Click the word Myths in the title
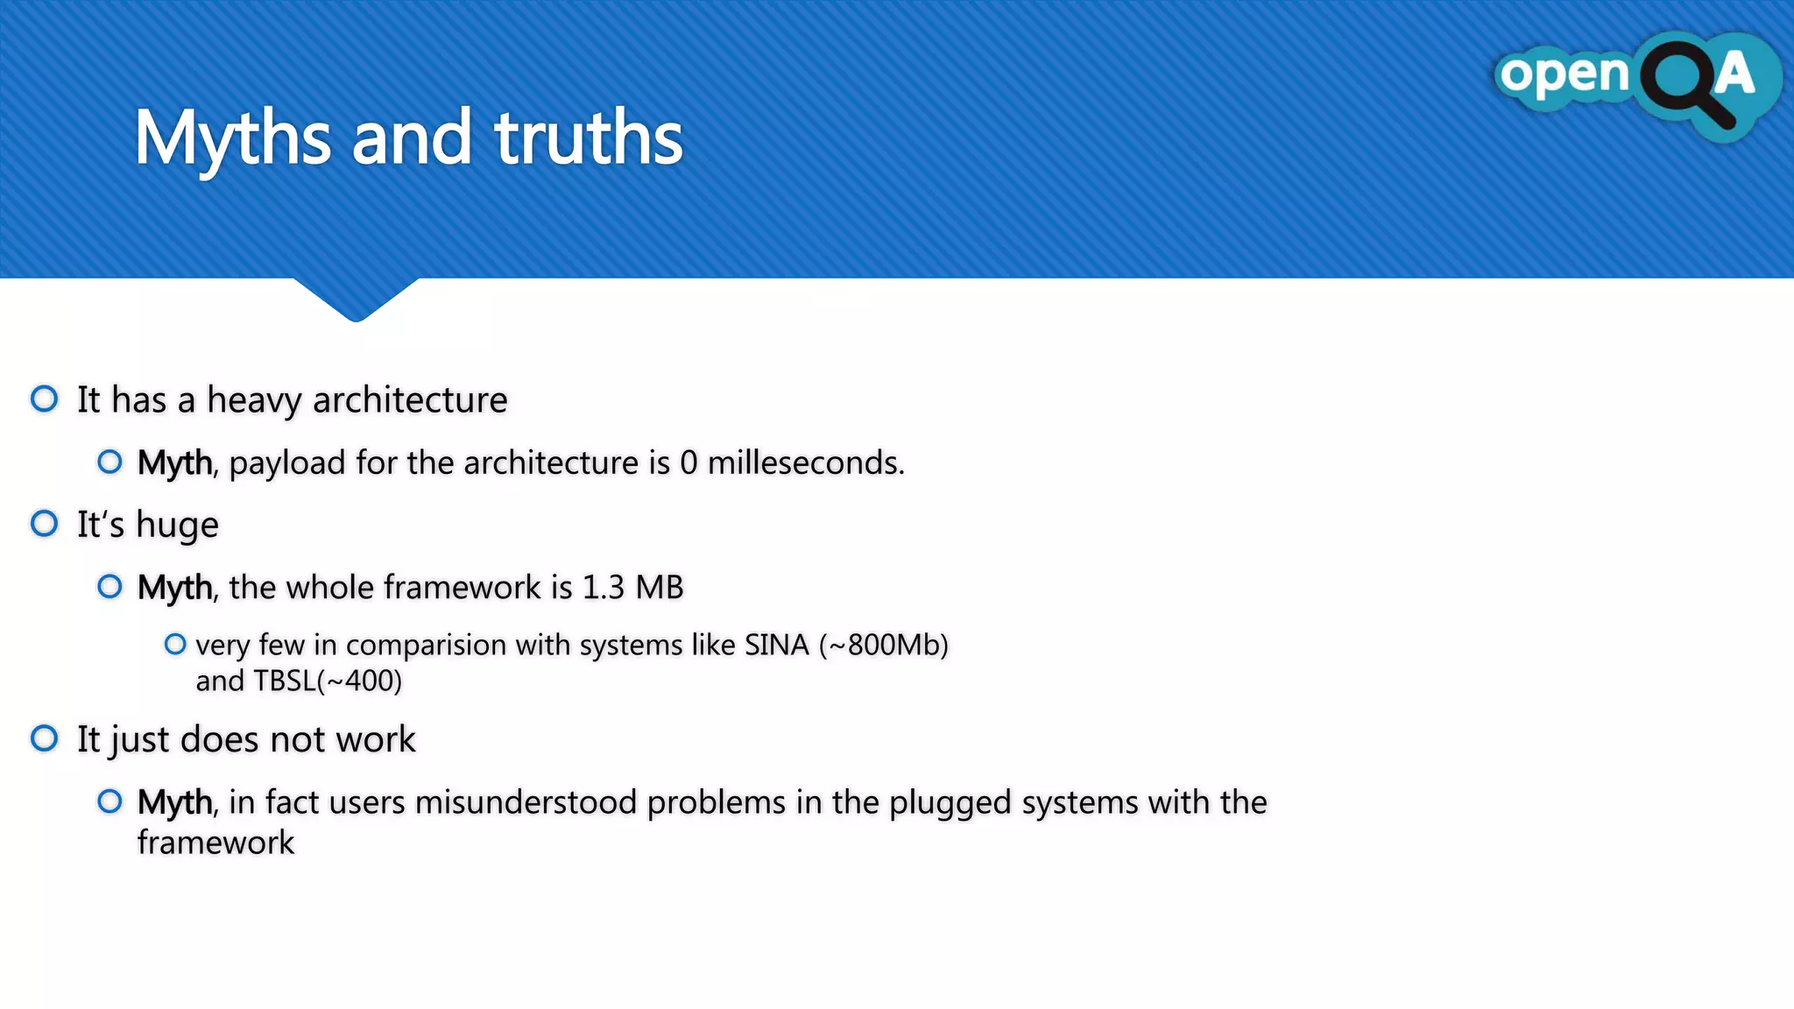pos(232,138)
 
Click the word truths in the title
pos(588,138)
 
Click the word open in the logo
pos(1564,74)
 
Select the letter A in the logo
pos(1734,74)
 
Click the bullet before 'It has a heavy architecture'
pos(45,399)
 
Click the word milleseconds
pos(805,462)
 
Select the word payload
pos(287,463)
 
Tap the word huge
pos(177,526)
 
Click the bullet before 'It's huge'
pos(45,524)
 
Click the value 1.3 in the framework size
pos(604,588)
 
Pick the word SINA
pos(776,646)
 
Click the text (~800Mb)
pos(883,646)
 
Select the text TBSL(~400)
pos(328,681)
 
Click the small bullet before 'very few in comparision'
pos(175,645)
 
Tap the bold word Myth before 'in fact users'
pos(174,802)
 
